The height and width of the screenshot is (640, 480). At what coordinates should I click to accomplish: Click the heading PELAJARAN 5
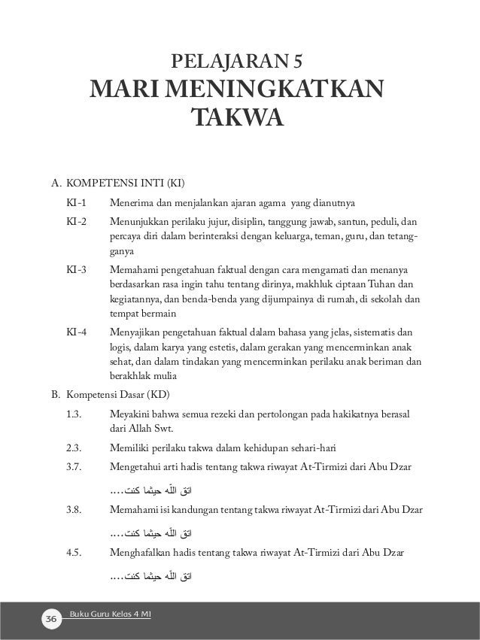point(239,60)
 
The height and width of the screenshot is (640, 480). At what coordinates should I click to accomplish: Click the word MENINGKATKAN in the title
point(275,91)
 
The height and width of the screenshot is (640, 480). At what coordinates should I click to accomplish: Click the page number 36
point(51,618)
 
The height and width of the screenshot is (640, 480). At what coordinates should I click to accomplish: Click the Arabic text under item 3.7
point(150,491)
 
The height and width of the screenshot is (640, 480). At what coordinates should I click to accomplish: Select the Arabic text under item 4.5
point(150,576)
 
